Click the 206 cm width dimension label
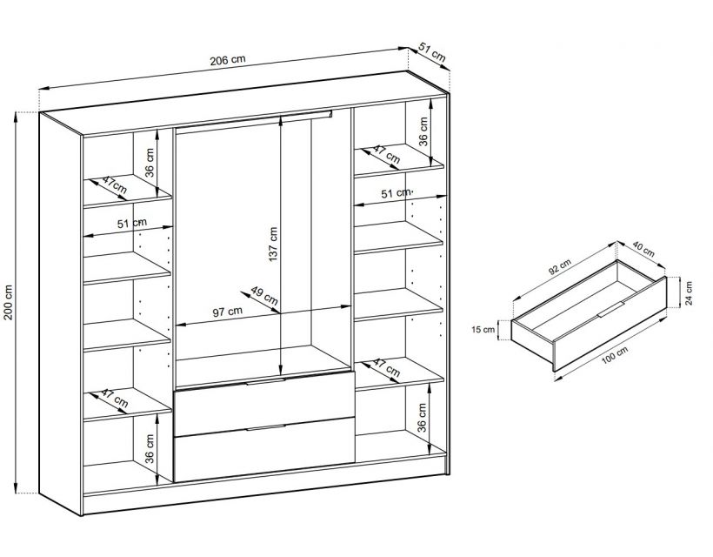pos(227,60)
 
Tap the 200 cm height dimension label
pos(8,303)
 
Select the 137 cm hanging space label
pos(272,245)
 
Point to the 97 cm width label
pos(228,312)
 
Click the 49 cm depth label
pos(264,296)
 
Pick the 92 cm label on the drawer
pos(559,267)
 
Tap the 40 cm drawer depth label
pos(643,250)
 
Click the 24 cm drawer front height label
pos(689,293)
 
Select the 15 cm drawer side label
pos(483,329)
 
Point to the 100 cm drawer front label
pos(615,354)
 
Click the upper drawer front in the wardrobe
pos(263,403)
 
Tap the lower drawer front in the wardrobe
pos(263,450)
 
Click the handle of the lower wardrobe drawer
pos(266,427)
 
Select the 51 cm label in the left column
pos(132,224)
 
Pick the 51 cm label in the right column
pos(395,193)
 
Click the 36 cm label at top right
pos(423,131)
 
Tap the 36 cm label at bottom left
pos(150,448)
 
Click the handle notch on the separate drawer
pos(611,309)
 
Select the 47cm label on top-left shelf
pos(114,184)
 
